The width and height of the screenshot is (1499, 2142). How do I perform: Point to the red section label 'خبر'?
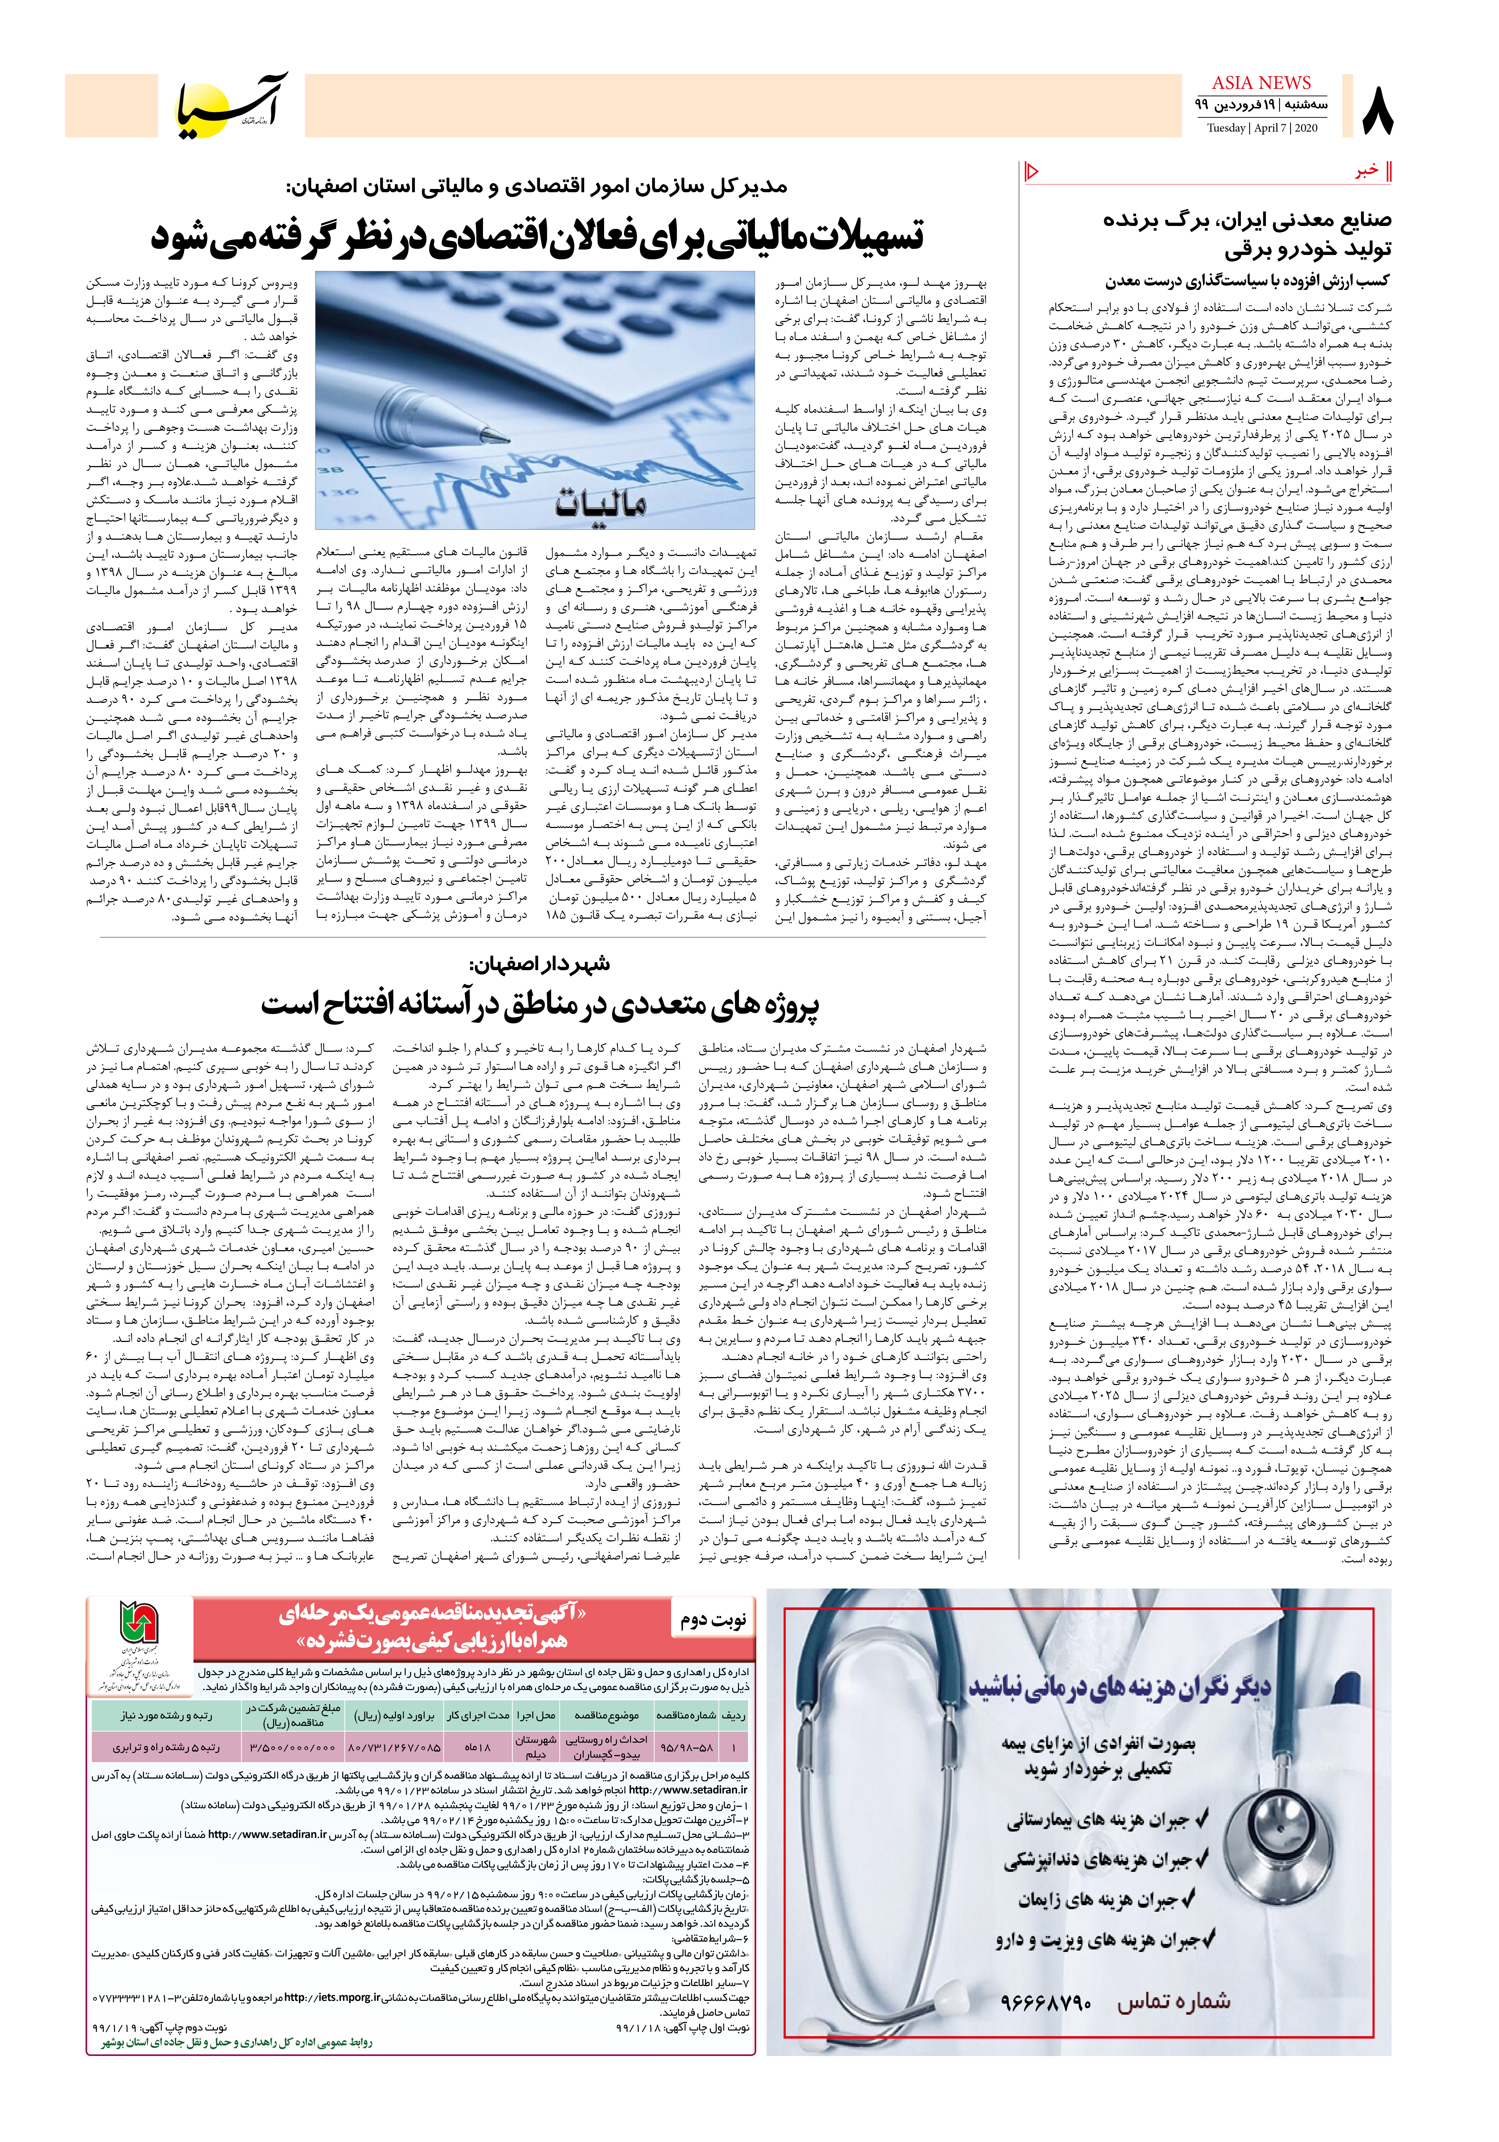(x=1367, y=172)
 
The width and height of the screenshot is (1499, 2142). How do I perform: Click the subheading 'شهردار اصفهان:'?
(x=541, y=964)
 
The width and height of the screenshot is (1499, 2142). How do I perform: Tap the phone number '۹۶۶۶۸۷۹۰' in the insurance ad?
(x=1046, y=2002)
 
